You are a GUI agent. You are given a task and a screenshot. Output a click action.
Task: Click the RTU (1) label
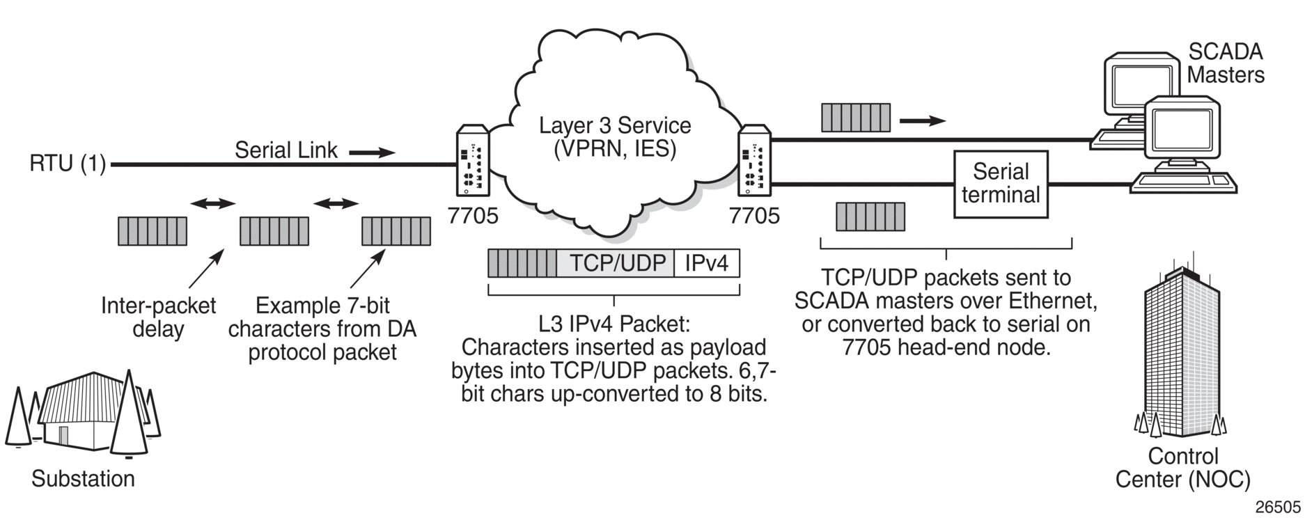point(68,164)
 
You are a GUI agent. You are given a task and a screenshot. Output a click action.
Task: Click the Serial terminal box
point(1001,184)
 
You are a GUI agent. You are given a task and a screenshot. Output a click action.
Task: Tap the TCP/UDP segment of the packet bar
point(616,264)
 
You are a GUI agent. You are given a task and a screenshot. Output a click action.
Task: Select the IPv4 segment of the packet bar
point(707,264)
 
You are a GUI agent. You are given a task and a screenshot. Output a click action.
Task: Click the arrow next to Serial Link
point(372,152)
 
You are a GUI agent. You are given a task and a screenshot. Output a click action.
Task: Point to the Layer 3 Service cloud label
point(615,137)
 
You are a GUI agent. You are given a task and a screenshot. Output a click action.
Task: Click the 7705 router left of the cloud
point(473,160)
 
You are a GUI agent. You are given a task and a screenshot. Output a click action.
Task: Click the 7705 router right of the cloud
point(754,160)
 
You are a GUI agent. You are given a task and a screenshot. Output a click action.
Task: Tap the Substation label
point(83,479)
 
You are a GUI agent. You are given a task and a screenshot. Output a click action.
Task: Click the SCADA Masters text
point(1226,63)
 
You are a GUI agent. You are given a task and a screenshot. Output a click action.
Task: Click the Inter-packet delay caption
point(159,317)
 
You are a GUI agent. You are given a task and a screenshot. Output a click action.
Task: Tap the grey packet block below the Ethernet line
point(870,216)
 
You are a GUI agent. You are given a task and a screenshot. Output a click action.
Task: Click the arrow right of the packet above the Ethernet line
point(923,121)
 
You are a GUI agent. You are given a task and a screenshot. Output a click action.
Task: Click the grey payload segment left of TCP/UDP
point(522,264)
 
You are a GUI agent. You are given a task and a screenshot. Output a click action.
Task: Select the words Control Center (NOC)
point(1183,468)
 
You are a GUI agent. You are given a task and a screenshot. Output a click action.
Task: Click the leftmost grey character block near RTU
point(153,231)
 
